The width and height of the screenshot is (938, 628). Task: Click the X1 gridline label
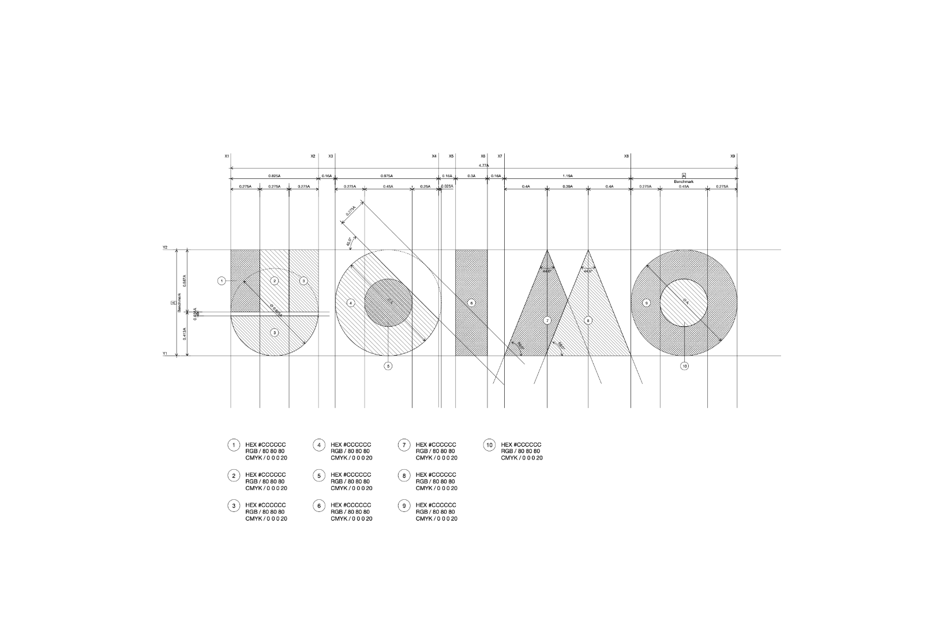coord(227,156)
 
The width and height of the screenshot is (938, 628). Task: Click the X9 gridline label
coord(733,156)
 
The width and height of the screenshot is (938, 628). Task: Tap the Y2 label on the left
coord(165,248)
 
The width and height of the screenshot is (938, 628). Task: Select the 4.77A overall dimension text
coord(483,165)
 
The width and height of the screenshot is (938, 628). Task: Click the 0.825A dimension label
coord(274,175)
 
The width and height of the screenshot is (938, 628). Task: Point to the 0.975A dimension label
coord(387,175)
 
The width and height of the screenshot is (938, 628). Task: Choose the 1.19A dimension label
coord(568,175)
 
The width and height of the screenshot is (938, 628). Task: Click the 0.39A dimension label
coord(568,186)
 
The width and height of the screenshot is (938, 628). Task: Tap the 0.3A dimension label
coord(471,175)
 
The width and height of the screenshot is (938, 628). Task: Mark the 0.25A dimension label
coord(425,186)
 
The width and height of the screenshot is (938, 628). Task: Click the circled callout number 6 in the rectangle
coord(471,302)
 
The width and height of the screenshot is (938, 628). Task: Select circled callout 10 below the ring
coord(684,366)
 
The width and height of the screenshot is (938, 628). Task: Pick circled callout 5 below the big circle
coord(388,366)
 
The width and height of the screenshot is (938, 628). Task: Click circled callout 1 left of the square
coord(222,281)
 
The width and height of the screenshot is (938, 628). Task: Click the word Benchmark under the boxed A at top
coord(684,181)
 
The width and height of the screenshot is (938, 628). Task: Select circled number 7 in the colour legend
coord(404,445)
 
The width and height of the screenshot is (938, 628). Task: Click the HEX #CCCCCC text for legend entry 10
coord(521,444)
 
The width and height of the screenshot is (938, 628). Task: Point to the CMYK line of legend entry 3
coord(266,518)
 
